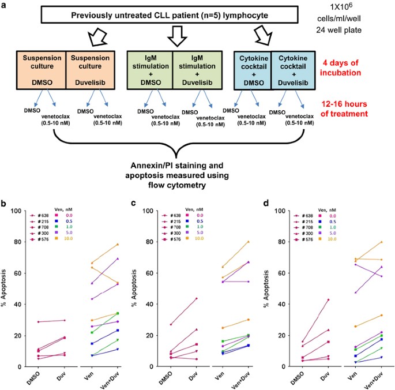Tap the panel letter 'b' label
click(x=6, y=203)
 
